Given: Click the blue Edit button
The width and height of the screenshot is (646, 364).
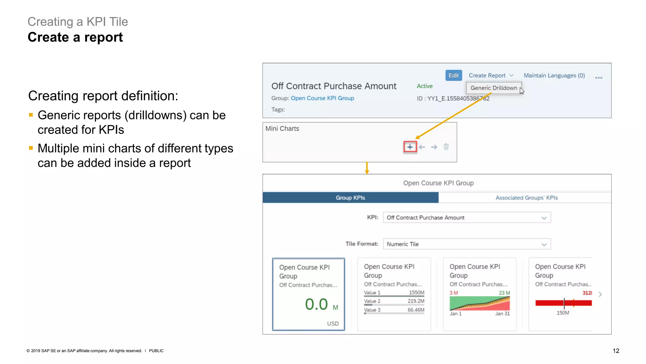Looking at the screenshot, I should click(x=453, y=76).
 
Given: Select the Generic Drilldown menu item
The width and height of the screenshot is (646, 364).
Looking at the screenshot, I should click(x=494, y=88).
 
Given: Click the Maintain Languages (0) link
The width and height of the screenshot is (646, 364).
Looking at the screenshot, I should click(x=554, y=76).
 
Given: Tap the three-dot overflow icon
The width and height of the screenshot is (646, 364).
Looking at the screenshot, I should click(x=598, y=77).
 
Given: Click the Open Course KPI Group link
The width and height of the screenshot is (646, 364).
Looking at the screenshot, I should click(x=322, y=98).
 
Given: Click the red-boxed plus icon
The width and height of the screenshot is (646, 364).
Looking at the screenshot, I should click(x=410, y=147).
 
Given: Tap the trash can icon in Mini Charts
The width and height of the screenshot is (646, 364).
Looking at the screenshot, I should click(x=446, y=147).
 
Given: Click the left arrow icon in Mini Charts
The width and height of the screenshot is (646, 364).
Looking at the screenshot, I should click(x=422, y=147).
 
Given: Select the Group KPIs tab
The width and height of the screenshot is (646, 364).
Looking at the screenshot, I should click(x=350, y=197).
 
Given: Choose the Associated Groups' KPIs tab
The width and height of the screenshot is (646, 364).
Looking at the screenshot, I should click(x=526, y=197).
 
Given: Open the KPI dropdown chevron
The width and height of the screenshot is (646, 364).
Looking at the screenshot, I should click(x=544, y=218).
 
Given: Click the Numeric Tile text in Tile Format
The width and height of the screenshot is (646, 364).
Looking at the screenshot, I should click(x=402, y=244).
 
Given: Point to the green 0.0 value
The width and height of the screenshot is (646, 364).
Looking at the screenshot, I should click(x=316, y=304).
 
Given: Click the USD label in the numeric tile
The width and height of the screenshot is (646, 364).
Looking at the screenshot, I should click(x=333, y=324).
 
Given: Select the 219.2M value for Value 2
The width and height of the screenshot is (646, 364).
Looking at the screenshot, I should click(x=416, y=301).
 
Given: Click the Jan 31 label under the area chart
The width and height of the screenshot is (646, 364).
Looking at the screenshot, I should click(x=502, y=313).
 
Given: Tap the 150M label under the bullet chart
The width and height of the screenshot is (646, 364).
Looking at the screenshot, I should click(x=563, y=313).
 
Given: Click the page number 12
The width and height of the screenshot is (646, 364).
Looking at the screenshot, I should click(x=616, y=351).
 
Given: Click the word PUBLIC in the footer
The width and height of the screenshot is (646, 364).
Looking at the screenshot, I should click(x=156, y=351).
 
